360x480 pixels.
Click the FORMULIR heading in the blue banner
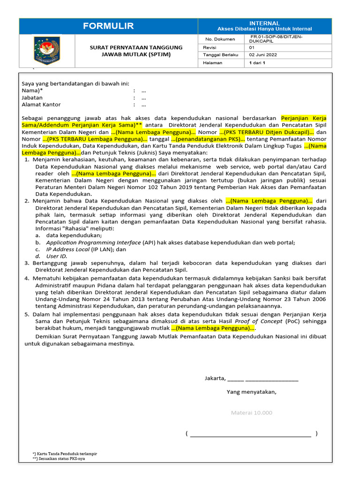[108, 26]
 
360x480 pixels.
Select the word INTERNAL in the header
[264, 23]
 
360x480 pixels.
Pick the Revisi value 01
[252, 47]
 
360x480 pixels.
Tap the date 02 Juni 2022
[263, 55]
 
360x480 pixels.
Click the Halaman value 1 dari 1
[257, 63]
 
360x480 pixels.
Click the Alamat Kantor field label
[41, 105]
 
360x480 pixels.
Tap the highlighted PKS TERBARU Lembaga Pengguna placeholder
[95, 139]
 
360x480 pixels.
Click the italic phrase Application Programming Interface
[93, 242]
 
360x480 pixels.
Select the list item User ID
[57, 256]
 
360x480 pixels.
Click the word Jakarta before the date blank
[215, 378]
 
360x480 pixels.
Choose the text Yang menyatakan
[252, 392]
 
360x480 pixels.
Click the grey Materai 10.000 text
[251, 412]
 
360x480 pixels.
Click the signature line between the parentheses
[251, 435]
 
